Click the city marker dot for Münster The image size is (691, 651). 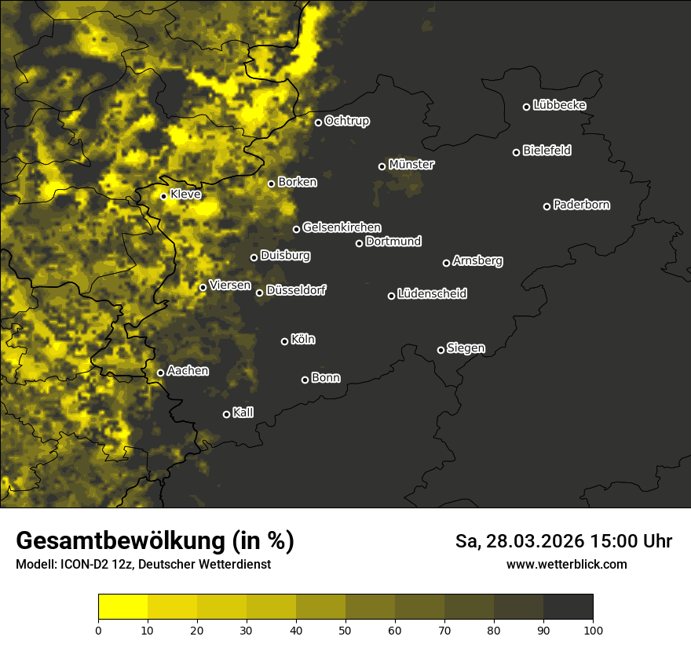pos(382,166)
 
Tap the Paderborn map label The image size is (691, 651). pos(582,205)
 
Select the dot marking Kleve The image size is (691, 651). pos(163,196)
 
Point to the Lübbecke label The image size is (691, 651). pos(559,105)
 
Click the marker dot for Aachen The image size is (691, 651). pos(160,373)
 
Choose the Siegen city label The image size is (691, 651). pos(466,348)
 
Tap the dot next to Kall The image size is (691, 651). pos(226,414)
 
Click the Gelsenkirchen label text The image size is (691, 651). pos(342,227)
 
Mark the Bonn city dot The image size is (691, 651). pos(305,380)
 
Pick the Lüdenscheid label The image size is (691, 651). pos(432,294)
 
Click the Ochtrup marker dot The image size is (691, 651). pos(318,122)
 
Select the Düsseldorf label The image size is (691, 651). pos(296,290)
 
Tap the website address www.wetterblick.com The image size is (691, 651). pos(566,564)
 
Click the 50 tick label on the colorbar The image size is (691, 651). pos(345,630)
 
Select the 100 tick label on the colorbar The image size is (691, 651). pos(593,630)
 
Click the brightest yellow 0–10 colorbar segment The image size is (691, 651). pos(123,606)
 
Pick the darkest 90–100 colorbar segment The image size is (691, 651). pos(568,606)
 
